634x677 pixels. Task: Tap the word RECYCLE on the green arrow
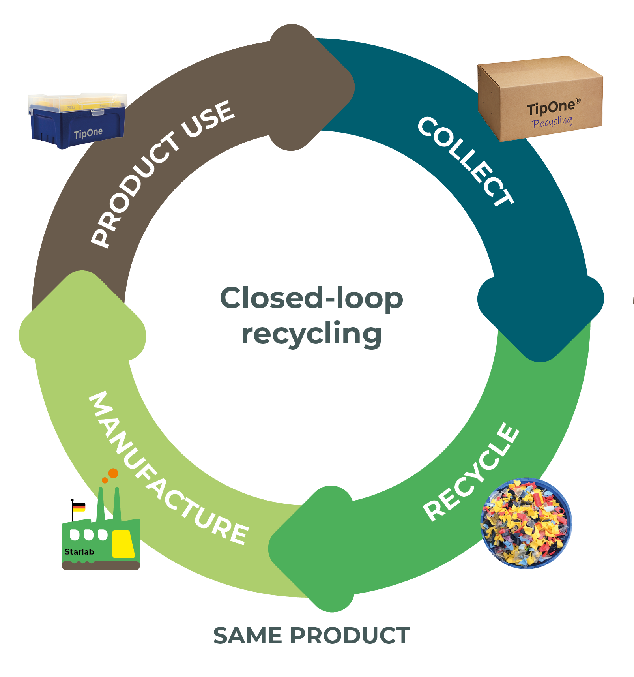coord(471,472)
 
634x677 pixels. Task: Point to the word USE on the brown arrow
coord(209,118)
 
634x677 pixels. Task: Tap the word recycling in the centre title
coord(311,334)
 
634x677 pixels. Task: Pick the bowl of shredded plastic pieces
coord(526,523)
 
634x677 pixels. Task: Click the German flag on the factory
coord(79,507)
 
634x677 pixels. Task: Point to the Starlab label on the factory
coord(79,552)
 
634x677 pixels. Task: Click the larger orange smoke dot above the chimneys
coord(113,473)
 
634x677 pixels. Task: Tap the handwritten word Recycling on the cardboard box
coord(552,122)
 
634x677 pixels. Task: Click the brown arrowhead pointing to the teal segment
coord(312,87)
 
